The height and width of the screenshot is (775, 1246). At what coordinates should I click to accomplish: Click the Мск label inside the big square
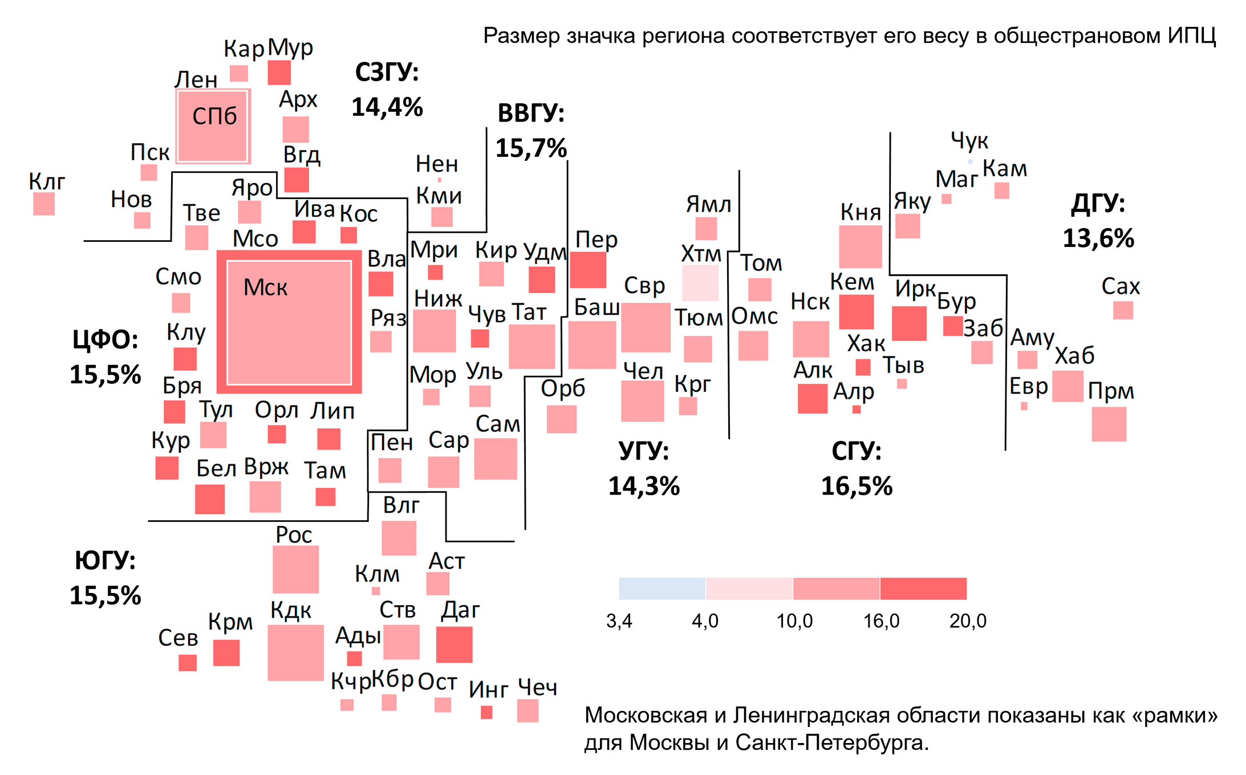pyautogui.click(x=265, y=287)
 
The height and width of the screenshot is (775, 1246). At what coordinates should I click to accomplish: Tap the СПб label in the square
pyautogui.click(x=214, y=116)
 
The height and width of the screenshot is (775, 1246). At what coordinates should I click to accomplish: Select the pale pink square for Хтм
pyautogui.click(x=700, y=283)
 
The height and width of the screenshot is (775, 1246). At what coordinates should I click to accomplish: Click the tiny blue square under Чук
pyautogui.click(x=970, y=162)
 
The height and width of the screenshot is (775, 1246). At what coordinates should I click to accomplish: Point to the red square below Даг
pyautogui.click(x=454, y=644)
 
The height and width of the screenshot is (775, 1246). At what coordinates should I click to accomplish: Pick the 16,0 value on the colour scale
pyautogui.click(x=881, y=620)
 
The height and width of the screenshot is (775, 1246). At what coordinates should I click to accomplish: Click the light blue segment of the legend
pyautogui.click(x=662, y=589)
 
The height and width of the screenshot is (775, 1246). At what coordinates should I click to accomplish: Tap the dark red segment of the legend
pyautogui.click(x=923, y=589)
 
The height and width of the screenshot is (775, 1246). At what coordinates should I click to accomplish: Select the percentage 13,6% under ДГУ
pyautogui.click(x=1098, y=238)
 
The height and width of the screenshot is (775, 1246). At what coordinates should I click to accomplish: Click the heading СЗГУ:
pyautogui.click(x=387, y=72)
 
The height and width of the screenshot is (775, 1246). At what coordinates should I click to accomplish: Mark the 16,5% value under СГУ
pyautogui.click(x=857, y=486)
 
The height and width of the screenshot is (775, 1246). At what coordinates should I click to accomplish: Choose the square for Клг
pyautogui.click(x=44, y=204)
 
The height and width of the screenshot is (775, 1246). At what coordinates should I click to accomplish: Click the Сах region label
pyautogui.click(x=1121, y=286)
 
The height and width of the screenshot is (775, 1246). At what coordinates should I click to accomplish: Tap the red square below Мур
pyautogui.click(x=279, y=72)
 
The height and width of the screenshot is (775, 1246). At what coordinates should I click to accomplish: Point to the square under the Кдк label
pyautogui.click(x=295, y=652)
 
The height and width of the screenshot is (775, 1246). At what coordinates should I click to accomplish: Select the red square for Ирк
pyautogui.click(x=909, y=323)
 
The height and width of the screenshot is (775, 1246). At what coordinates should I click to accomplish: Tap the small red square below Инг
pyautogui.click(x=486, y=712)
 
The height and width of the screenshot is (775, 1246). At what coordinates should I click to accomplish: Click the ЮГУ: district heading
pyautogui.click(x=105, y=561)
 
